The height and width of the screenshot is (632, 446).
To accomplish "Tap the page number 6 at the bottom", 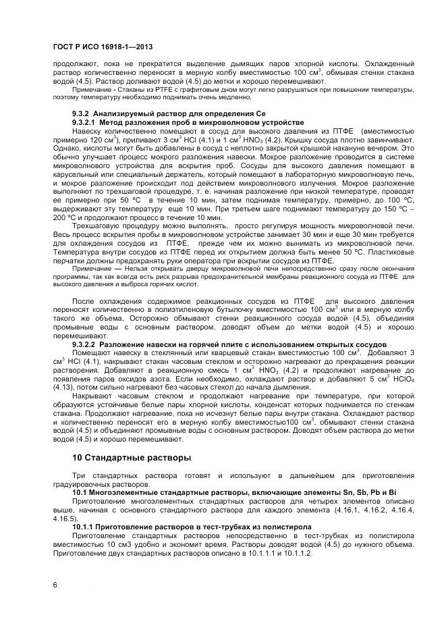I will [x=55, y=584].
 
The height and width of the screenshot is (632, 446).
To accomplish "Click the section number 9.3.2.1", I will [x=86, y=122].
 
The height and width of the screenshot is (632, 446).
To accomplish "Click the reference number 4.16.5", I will [x=64, y=520].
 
